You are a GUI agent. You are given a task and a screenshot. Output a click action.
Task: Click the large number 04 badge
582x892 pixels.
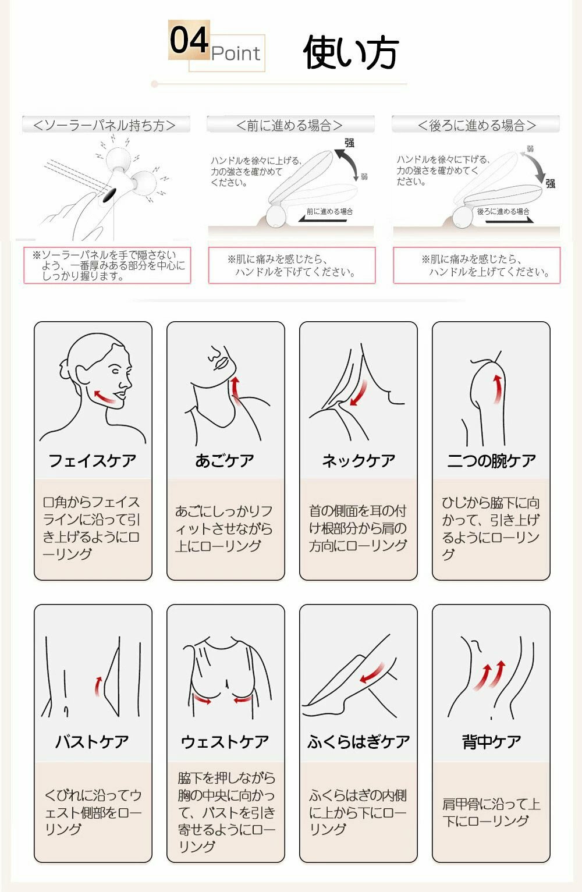pos(189,40)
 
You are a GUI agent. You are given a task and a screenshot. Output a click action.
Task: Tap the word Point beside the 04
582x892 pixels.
pos(236,54)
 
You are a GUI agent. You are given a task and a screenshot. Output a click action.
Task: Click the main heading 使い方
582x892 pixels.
pos(351,52)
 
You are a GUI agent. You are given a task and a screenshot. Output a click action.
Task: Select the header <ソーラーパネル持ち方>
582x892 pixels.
pos(104,125)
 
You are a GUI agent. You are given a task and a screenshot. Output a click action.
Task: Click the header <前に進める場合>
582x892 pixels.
pos(290,125)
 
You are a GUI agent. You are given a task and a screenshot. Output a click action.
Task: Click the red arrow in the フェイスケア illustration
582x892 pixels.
pos(104,397)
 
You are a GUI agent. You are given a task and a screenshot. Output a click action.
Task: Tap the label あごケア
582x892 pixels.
pos(225,461)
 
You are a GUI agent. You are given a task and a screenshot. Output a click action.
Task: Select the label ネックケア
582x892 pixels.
pos(358,461)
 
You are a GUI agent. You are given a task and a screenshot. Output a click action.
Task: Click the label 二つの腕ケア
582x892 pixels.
pos(491,461)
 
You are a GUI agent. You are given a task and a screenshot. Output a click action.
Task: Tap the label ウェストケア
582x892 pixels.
pos(225,742)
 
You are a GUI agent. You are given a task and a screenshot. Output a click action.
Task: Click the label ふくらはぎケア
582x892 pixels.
pos(359,742)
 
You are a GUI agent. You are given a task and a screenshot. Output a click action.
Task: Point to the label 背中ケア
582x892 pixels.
pos(491,742)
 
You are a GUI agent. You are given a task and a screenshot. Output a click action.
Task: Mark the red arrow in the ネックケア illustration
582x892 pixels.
pos(359,393)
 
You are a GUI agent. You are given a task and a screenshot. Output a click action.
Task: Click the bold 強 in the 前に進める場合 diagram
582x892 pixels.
pos(349,143)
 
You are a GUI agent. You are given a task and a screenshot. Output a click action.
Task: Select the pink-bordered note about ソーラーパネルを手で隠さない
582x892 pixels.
pos(107,265)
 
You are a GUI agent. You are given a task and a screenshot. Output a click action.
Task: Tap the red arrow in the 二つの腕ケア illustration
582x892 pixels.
pos(497,389)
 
